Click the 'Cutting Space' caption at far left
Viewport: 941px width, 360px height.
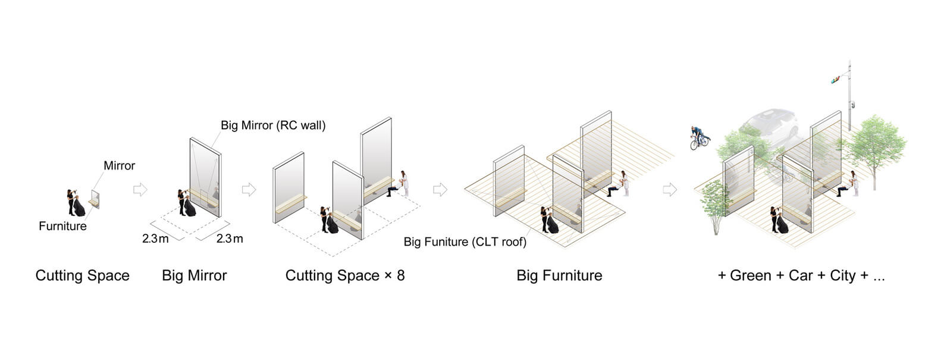82,276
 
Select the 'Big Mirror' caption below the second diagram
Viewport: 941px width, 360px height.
194,276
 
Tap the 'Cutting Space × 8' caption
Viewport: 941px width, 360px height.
345,276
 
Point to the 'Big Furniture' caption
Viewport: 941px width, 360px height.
559,276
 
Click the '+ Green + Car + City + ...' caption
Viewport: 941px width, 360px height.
802,276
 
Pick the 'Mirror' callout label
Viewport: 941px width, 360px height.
120,165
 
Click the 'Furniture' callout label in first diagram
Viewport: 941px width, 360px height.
62,226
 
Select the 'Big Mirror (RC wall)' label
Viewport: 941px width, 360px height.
273,126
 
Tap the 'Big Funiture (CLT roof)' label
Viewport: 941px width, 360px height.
465,242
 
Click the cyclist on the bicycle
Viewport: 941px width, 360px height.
699,138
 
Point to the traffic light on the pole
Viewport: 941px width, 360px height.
835,79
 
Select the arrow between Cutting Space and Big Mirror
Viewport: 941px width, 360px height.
140,189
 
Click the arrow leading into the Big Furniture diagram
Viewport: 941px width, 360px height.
440,189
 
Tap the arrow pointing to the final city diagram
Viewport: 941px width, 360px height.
670,189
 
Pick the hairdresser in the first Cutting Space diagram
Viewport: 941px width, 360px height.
71,202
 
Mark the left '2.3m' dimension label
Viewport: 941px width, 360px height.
155,239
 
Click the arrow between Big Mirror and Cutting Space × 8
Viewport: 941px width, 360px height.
249,189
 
